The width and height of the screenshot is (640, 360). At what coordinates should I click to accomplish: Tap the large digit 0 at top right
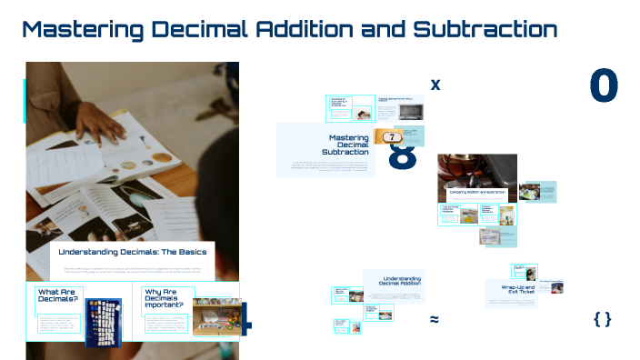click(x=604, y=85)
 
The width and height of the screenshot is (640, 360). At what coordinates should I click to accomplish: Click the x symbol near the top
click(x=435, y=85)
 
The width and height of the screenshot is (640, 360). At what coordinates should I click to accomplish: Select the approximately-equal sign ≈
click(x=435, y=319)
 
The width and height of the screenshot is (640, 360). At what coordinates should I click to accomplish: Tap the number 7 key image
click(x=392, y=136)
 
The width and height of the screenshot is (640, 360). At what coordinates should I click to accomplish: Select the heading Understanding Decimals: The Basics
click(x=133, y=252)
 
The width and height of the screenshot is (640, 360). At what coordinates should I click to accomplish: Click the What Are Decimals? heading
click(x=58, y=296)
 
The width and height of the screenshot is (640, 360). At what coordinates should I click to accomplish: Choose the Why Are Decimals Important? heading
click(x=165, y=298)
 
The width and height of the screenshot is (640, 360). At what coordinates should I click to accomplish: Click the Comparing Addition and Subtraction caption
click(x=476, y=193)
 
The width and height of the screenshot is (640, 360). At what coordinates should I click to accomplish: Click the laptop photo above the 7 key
click(x=411, y=113)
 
